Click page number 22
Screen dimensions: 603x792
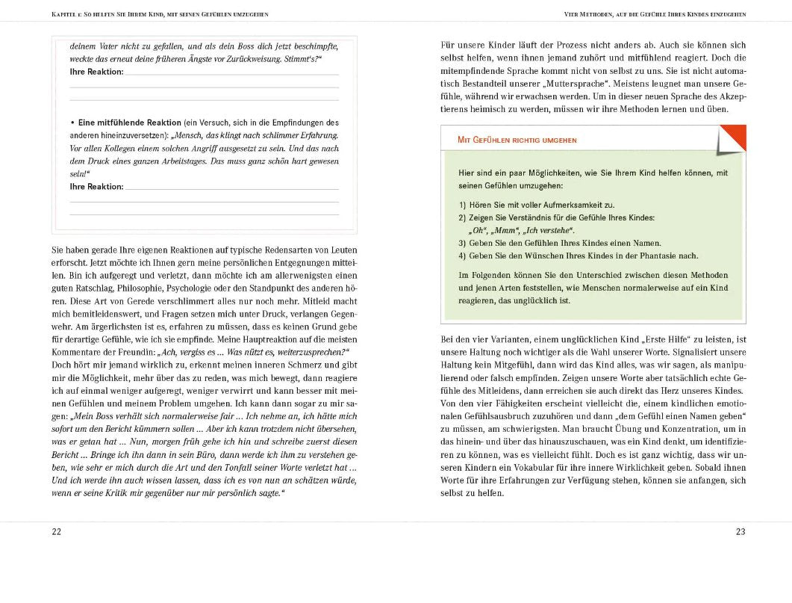point(56,531)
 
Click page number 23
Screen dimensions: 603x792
point(740,531)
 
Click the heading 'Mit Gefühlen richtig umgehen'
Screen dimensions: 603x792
point(517,140)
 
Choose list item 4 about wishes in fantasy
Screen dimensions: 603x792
point(579,256)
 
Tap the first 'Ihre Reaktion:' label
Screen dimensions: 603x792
point(96,72)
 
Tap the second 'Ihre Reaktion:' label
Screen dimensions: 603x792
point(96,186)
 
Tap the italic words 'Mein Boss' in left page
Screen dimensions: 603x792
point(87,415)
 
